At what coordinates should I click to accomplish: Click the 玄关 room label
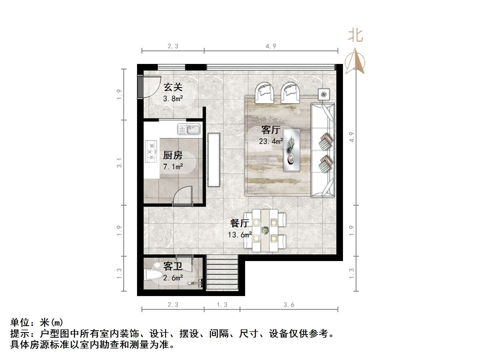coord(173,87)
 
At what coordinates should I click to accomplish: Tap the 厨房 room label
coord(173,155)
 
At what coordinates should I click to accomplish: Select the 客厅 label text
coord(271,130)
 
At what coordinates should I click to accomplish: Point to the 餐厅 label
coord(240,223)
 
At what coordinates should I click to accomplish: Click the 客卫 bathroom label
coord(173,266)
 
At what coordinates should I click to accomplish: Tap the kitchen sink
coord(189,129)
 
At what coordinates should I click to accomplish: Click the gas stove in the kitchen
coord(151,151)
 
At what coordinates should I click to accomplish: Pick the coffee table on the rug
coord(292,150)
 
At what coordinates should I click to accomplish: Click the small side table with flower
coord(324,94)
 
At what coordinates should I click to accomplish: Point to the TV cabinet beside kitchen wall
coord(214,160)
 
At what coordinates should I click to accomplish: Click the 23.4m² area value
coord(271,141)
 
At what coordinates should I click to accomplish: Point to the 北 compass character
coord(355,36)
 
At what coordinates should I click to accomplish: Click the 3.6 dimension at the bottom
coord(289,305)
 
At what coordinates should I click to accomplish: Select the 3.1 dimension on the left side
coord(119,163)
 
